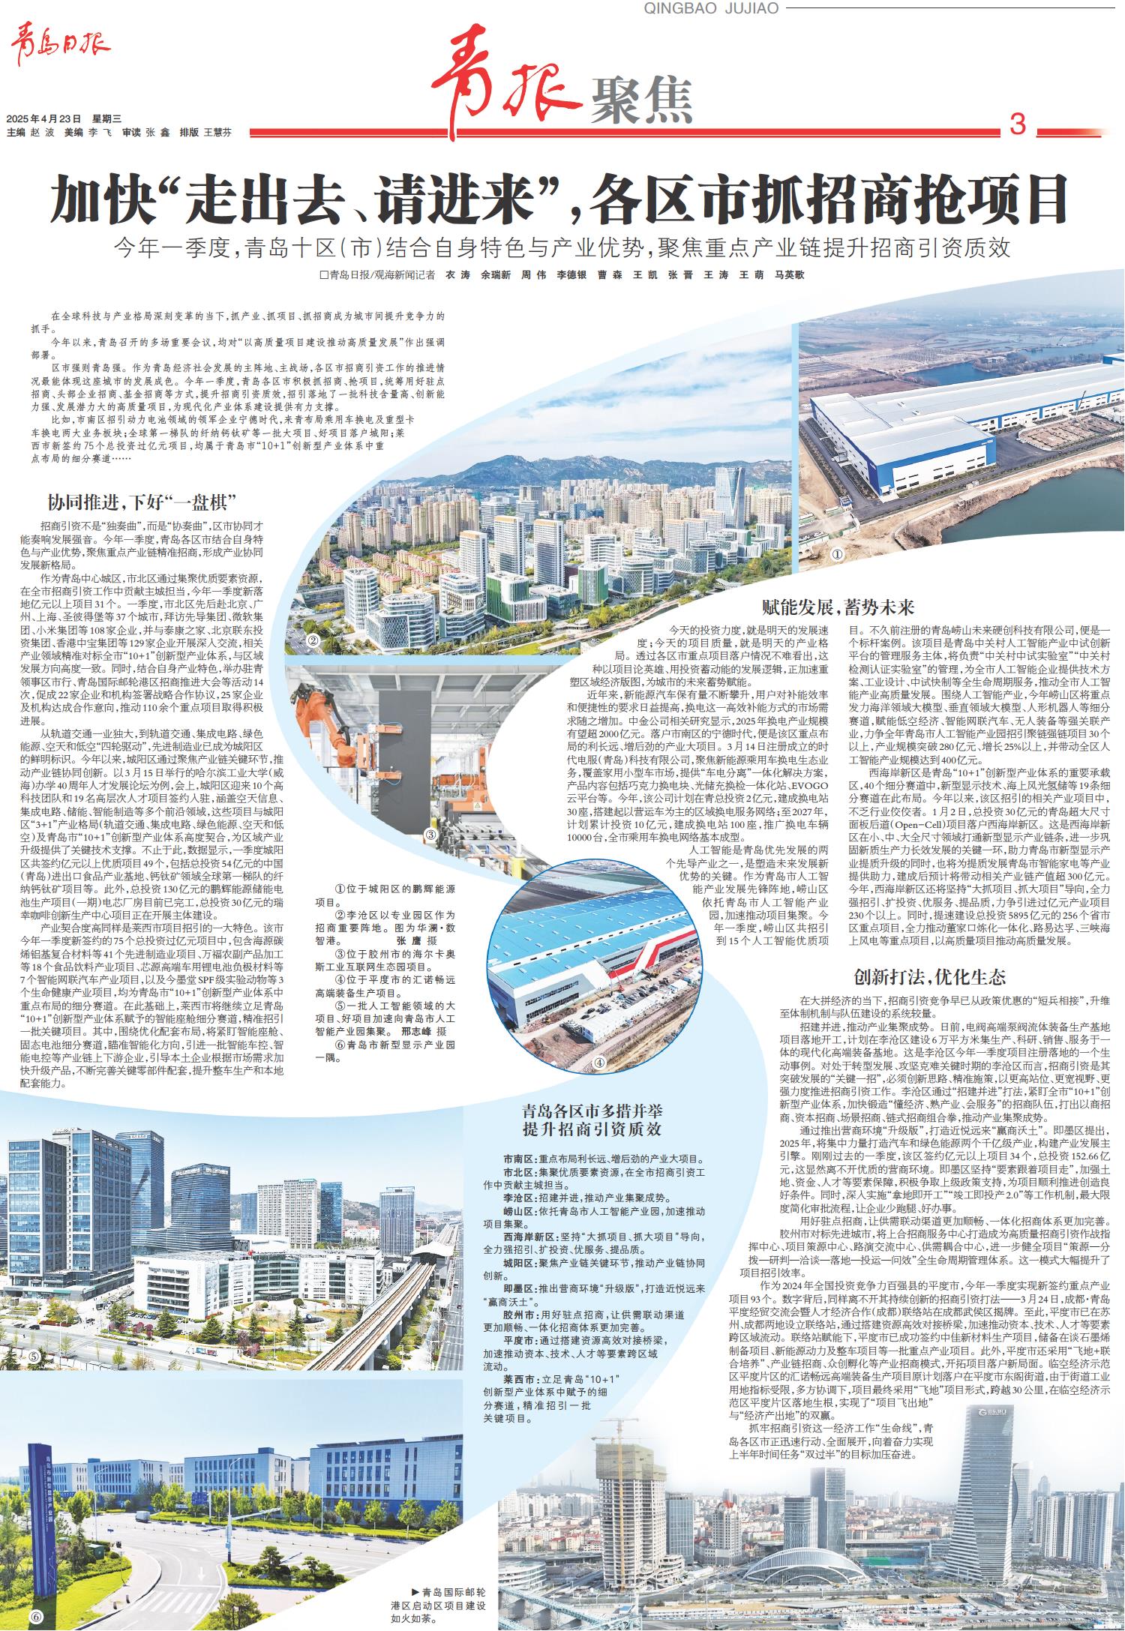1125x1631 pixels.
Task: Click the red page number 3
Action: pos(1017,124)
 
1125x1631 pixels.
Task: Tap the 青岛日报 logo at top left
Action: pos(59,49)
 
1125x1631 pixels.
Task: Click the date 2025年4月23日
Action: pos(44,118)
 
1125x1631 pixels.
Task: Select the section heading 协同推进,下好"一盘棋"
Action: pos(142,502)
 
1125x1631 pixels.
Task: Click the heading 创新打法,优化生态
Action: pos(929,977)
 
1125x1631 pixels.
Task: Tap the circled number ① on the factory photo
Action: pos(837,555)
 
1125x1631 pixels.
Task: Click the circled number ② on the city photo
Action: pos(313,641)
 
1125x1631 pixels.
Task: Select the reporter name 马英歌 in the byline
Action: pos(789,275)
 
